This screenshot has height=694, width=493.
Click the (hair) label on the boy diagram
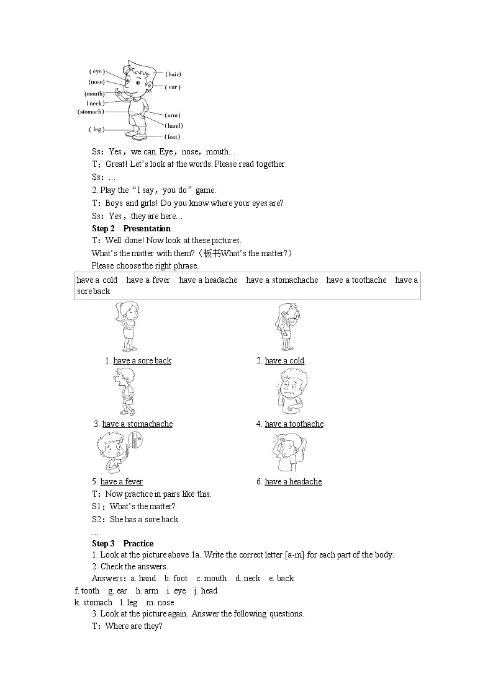coord(173,74)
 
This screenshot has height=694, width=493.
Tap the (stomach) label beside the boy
coord(91,112)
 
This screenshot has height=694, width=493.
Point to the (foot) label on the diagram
coord(173,136)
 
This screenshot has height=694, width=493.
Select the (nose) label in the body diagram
coord(96,82)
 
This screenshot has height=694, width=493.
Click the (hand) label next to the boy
coord(173,126)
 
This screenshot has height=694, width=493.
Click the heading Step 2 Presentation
coord(131,228)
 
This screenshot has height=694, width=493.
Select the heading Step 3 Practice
coord(122,543)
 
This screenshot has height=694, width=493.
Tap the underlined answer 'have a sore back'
coord(142,361)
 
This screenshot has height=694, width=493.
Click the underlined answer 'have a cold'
coord(284,361)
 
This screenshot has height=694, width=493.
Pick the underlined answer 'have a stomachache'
coord(137,424)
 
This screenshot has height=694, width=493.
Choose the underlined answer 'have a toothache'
coord(294,424)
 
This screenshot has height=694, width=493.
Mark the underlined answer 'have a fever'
coord(121,482)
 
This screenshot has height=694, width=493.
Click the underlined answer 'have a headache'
coord(293,482)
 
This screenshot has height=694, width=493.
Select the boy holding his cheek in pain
coord(289,391)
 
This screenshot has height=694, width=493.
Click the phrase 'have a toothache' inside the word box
coord(356,280)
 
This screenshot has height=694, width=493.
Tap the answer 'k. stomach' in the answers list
coord(93,603)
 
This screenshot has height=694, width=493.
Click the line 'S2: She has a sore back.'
coord(136,520)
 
